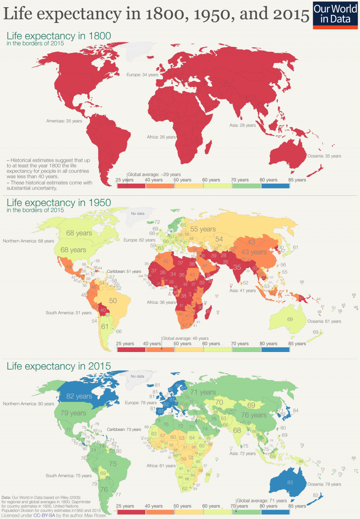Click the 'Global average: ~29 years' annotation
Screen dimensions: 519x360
click(154, 174)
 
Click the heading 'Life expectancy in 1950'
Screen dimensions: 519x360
click(58, 203)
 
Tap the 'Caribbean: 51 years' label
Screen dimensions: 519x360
click(123, 272)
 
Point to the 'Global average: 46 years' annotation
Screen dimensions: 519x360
click(185, 338)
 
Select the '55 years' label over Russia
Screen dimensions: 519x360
click(202, 229)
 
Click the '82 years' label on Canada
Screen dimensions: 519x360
click(79, 396)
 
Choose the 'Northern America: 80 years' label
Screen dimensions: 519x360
click(27, 404)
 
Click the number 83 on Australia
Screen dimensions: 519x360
click(290, 482)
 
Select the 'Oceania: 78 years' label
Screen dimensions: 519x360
click(324, 484)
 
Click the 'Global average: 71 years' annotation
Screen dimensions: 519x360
click(262, 501)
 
